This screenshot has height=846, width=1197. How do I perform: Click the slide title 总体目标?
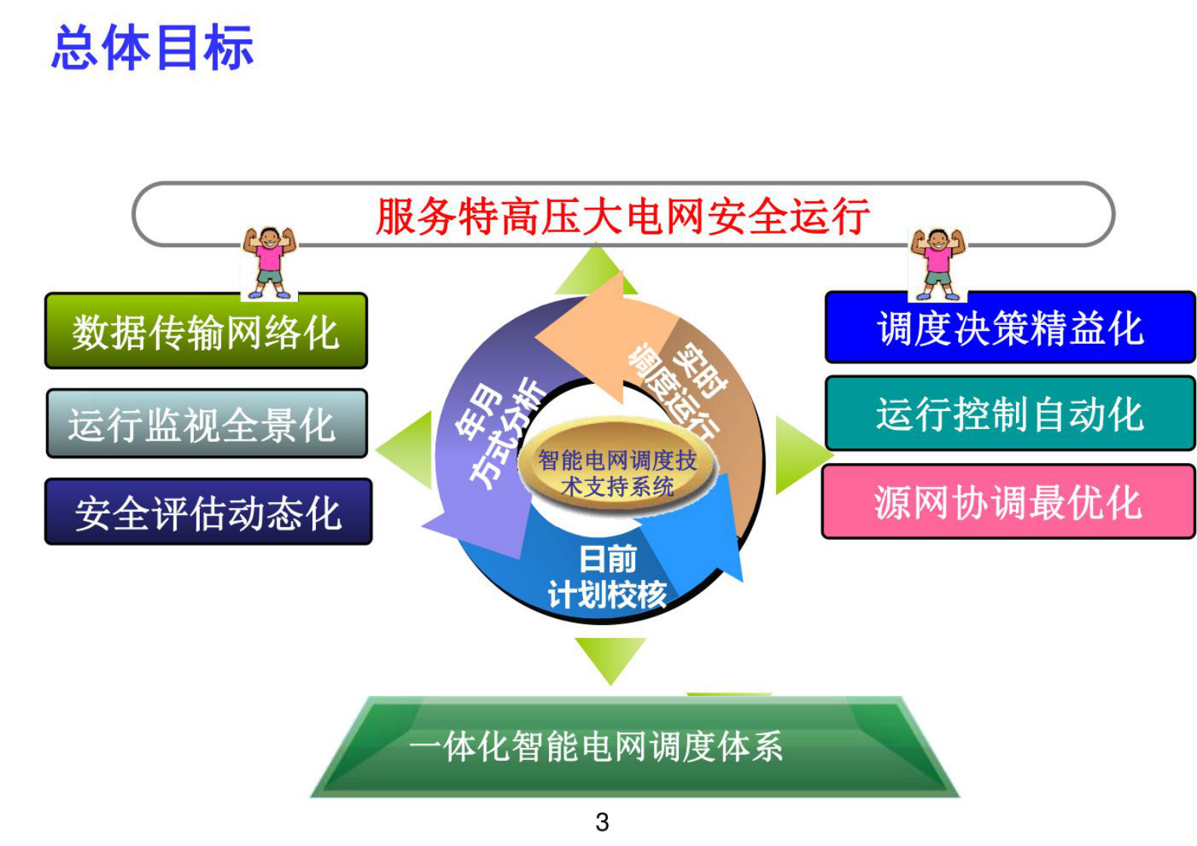point(152,48)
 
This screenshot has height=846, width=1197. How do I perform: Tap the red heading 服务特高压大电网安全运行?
point(622,216)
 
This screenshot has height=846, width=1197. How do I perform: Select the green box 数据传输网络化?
point(206,331)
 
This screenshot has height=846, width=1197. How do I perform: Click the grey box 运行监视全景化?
point(206,424)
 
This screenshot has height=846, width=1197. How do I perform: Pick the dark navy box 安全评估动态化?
point(208,512)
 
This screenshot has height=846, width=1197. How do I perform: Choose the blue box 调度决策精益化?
point(1010,328)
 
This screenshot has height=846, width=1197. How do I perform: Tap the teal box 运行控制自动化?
point(1010,414)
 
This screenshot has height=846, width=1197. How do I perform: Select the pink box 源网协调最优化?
point(1008,502)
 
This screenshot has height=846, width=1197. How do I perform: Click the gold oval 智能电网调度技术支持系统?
point(617,472)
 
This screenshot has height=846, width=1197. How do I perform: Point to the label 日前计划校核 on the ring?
point(607,577)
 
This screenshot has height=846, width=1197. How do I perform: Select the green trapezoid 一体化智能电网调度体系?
point(596,746)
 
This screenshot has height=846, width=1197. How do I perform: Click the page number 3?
point(602,822)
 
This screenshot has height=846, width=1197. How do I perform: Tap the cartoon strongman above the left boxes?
point(269,262)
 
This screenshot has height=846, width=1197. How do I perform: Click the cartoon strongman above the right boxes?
point(937,264)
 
